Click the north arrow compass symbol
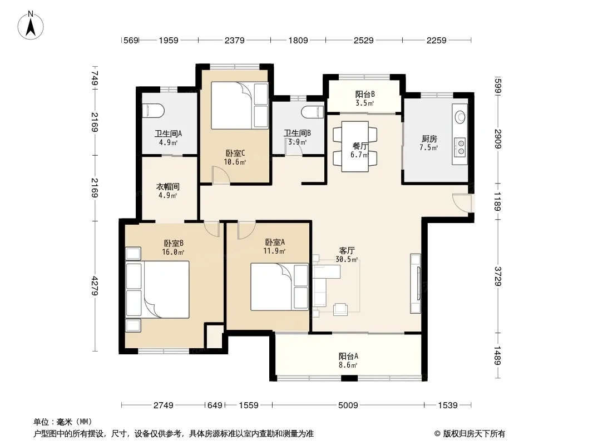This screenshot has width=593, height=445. [x=31, y=25]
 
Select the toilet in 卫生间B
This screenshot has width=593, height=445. [x=313, y=112]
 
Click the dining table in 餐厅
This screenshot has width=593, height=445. [x=355, y=146]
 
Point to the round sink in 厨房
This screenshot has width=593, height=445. [x=460, y=116]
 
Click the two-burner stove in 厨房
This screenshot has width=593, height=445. [x=460, y=147]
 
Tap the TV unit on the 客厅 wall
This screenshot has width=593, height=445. [x=416, y=283]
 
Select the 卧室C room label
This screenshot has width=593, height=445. [x=235, y=153]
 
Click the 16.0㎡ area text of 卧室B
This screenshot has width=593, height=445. [x=173, y=252]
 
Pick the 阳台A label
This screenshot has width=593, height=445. [x=348, y=356]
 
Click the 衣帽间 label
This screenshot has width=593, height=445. [x=168, y=187]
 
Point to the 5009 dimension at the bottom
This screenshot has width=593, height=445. [x=348, y=406]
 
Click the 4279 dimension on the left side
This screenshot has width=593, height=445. [x=95, y=286]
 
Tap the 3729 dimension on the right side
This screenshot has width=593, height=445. [x=498, y=276]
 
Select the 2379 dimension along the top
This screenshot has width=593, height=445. [x=235, y=41]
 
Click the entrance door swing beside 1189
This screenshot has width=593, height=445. [x=462, y=203]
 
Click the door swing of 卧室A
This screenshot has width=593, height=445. [x=246, y=230]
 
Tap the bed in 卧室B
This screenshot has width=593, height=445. [x=157, y=289]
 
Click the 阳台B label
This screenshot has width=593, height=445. [x=365, y=94]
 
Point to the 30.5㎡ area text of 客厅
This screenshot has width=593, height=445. [x=347, y=259]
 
